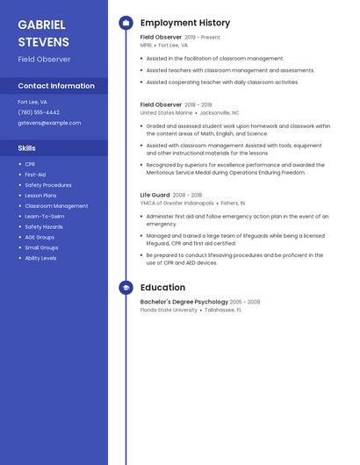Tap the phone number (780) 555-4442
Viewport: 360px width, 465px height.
pos(39,112)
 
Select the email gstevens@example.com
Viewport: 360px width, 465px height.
pos(49,123)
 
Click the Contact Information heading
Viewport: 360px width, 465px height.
pos(56,86)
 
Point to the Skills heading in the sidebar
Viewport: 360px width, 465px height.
pos(26,148)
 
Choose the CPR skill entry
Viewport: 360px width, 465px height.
pos(30,164)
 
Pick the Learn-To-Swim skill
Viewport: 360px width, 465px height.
pos(44,216)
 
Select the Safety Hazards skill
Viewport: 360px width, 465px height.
pos(44,226)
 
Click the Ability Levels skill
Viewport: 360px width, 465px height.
pos(40,258)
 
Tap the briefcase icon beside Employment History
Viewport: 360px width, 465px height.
pos(126,23)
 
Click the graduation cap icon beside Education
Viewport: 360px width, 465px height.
pos(126,288)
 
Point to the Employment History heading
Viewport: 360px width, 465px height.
pos(184,23)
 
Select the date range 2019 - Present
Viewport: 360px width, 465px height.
pos(202,38)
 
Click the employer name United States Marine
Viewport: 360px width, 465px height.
pos(166,113)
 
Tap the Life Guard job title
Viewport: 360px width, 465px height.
pos(155,195)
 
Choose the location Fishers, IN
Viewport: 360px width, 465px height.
pos(231,203)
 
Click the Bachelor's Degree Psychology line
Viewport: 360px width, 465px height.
pos(184,302)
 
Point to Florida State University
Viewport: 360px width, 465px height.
pos(169,310)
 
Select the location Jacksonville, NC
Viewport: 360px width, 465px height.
pos(219,113)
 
